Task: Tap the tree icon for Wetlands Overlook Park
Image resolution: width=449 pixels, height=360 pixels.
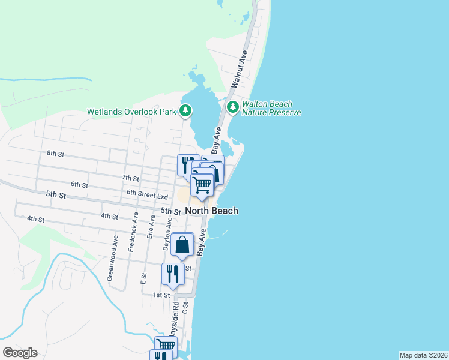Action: [x=186, y=110]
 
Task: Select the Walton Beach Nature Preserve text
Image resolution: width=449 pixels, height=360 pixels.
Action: [x=271, y=108]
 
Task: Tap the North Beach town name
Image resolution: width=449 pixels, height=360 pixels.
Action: [x=211, y=211]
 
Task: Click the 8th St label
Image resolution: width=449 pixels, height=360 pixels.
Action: [x=55, y=154]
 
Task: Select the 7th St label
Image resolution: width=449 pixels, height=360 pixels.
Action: [x=130, y=178]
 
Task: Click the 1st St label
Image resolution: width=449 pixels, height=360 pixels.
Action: [x=161, y=295]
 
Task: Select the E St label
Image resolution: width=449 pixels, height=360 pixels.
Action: [x=143, y=278]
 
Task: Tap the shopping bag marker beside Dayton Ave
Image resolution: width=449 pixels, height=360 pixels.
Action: [x=182, y=245]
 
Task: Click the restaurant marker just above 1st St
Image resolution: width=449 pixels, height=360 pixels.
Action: [x=172, y=274]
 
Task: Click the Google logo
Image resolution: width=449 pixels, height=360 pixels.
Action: [x=20, y=353]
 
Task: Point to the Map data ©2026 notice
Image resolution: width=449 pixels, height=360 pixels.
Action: [x=423, y=355]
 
